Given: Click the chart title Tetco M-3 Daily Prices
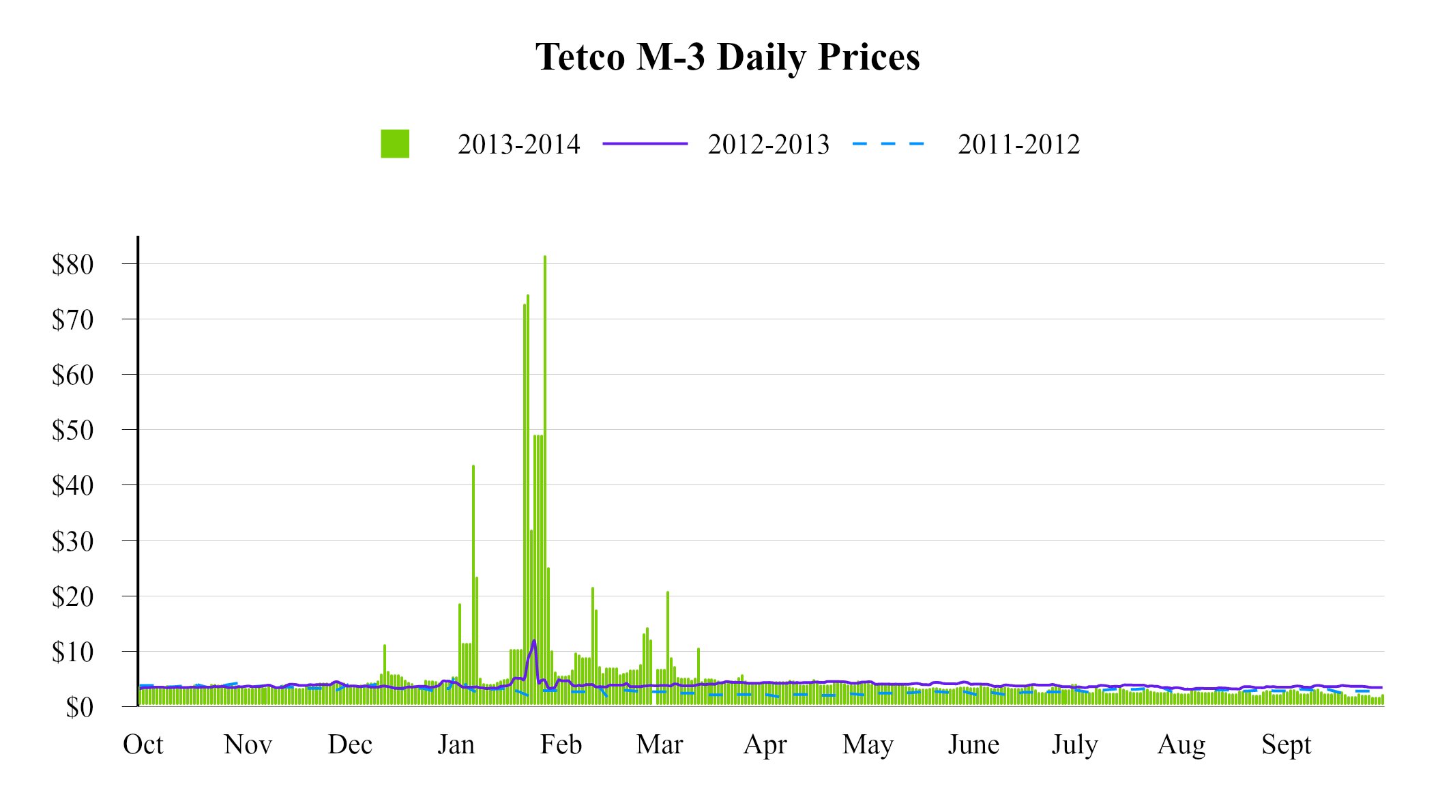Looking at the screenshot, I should pyautogui.click(x=727, y=57).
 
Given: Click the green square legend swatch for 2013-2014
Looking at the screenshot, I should pyautogui.click(x=395, y=144).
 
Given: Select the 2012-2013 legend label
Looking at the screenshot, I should pyautogui.click(x=768, y=145).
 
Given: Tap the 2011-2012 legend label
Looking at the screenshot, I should pyautogui.click(x=1018, y=145).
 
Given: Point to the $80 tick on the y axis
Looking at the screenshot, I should pyautogui.click(x=73, y=265).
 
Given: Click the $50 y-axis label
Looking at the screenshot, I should pyautogui.click(x=73, y=431).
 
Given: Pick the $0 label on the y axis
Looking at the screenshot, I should pyautogui.click(x=80, y=708).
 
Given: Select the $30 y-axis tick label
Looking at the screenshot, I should pyautogui.click(x=73, y=542).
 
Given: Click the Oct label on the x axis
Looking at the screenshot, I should pyautogui.click(x=143, y=744).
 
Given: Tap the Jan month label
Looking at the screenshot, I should pyautogui.click(x=456, y=744).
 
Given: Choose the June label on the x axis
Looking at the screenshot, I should pyautogui.click(x=973, y=744).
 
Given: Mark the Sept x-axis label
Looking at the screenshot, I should pyautogui.click(x=1286, y=744).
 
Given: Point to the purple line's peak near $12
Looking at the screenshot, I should pyautogui.click(x=534, y=641).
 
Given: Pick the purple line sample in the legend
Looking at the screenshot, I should pyautogui.click(x=645, y=144).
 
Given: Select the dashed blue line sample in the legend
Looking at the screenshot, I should pyautogui.click(x=888, y=144).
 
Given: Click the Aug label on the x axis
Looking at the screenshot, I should pyautogui.click(x=1181, y=744).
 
